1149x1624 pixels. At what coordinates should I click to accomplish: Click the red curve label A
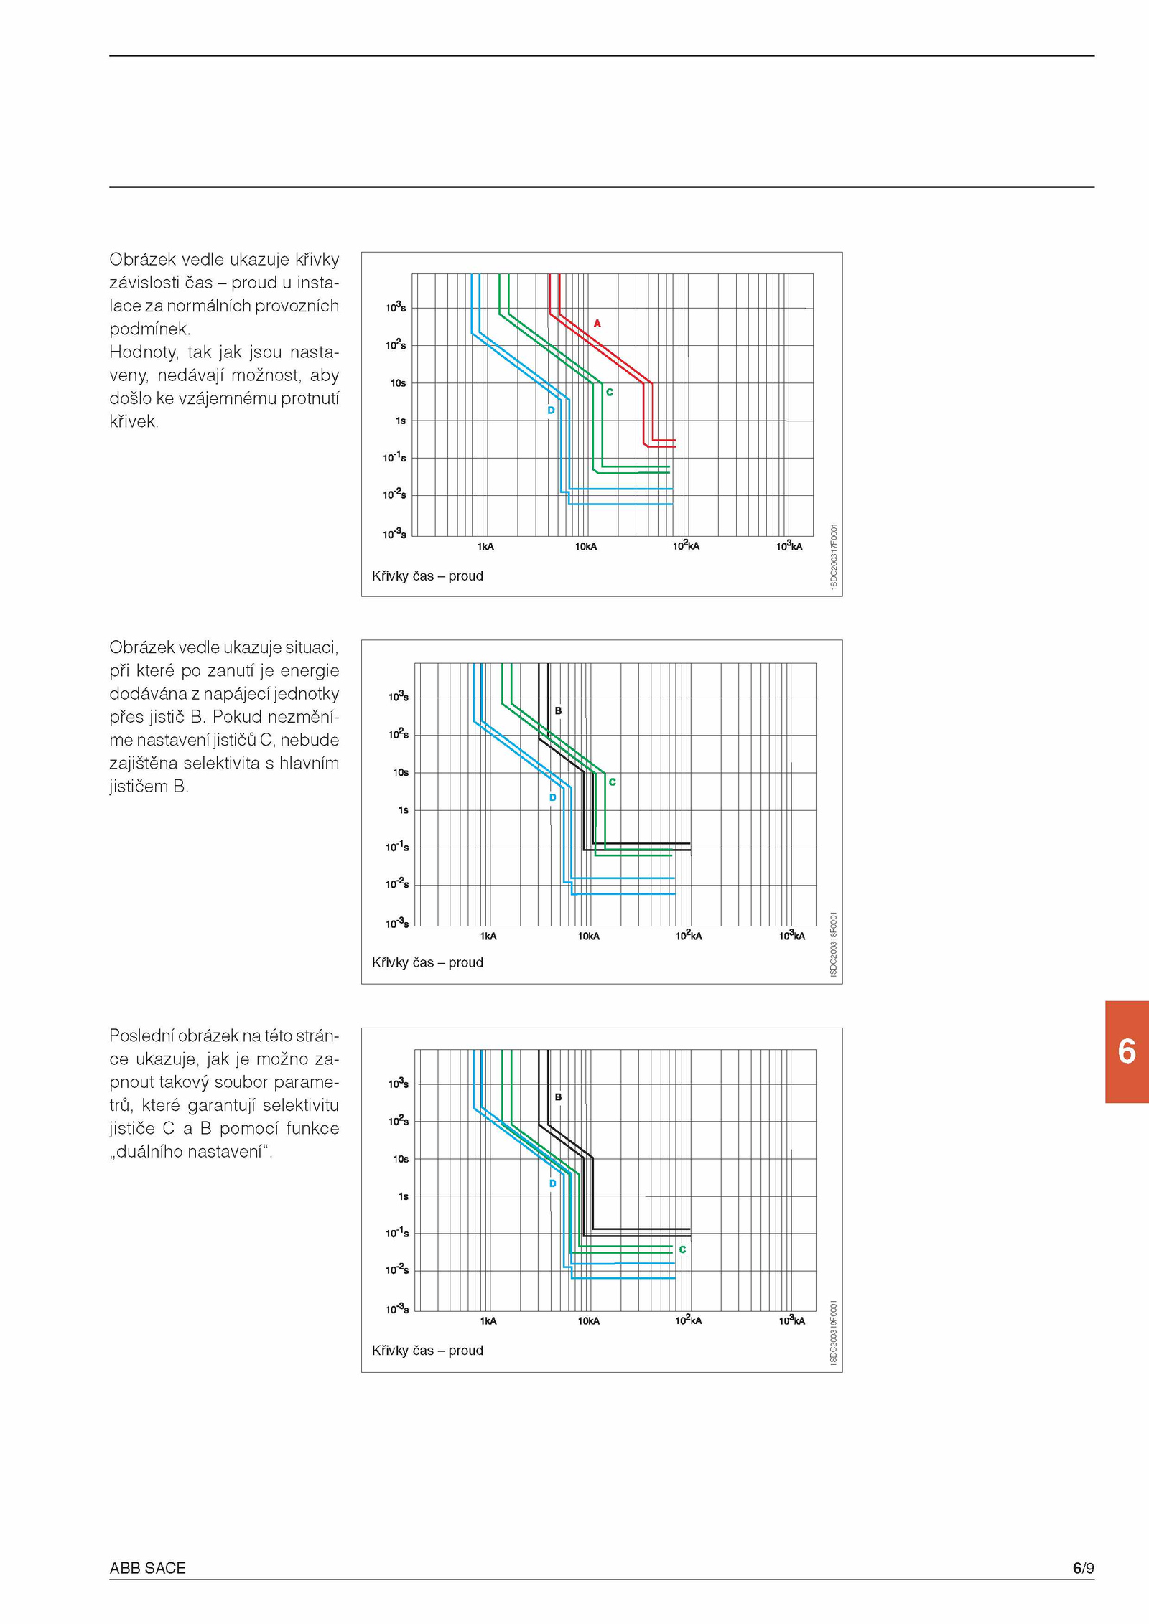[x=597, y=324]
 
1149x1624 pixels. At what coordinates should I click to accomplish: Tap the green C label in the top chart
[x=610, y=393]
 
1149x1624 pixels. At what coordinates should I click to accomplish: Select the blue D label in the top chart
[x=551, y=410]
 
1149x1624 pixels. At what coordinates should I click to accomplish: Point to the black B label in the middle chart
[x=558, y=711]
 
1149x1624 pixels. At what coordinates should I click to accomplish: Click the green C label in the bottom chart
[x=682, y=1249]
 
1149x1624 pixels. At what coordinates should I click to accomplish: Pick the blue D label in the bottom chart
[x=552, y=1183]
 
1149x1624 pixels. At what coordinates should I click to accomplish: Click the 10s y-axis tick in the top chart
[x=399, y=383]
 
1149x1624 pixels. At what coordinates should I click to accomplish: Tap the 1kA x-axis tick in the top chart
[x=485, y=547]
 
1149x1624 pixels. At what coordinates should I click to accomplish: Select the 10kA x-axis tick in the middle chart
[x=588, y=937]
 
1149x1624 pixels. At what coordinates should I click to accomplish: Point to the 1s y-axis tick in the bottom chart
[x=403, y=1196]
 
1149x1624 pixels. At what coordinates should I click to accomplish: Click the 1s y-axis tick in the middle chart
[x=403, y=810]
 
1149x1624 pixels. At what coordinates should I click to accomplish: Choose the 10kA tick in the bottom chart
[x=588, y=1321]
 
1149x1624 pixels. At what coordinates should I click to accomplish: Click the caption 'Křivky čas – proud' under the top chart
[x=427, y=576]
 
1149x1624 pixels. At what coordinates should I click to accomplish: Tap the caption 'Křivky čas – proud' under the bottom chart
[x=427, y=1351]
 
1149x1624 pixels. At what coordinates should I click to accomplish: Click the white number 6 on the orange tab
[x=1127, y=1052]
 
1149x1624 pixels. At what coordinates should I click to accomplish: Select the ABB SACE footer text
[x=147, y=1568]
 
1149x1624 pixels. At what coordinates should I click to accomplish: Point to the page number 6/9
[x=1084, y=1568]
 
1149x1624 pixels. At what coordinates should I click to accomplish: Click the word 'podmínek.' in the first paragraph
[x=149, y=329]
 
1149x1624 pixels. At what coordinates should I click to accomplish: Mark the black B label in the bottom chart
[x=558, y=1097]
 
